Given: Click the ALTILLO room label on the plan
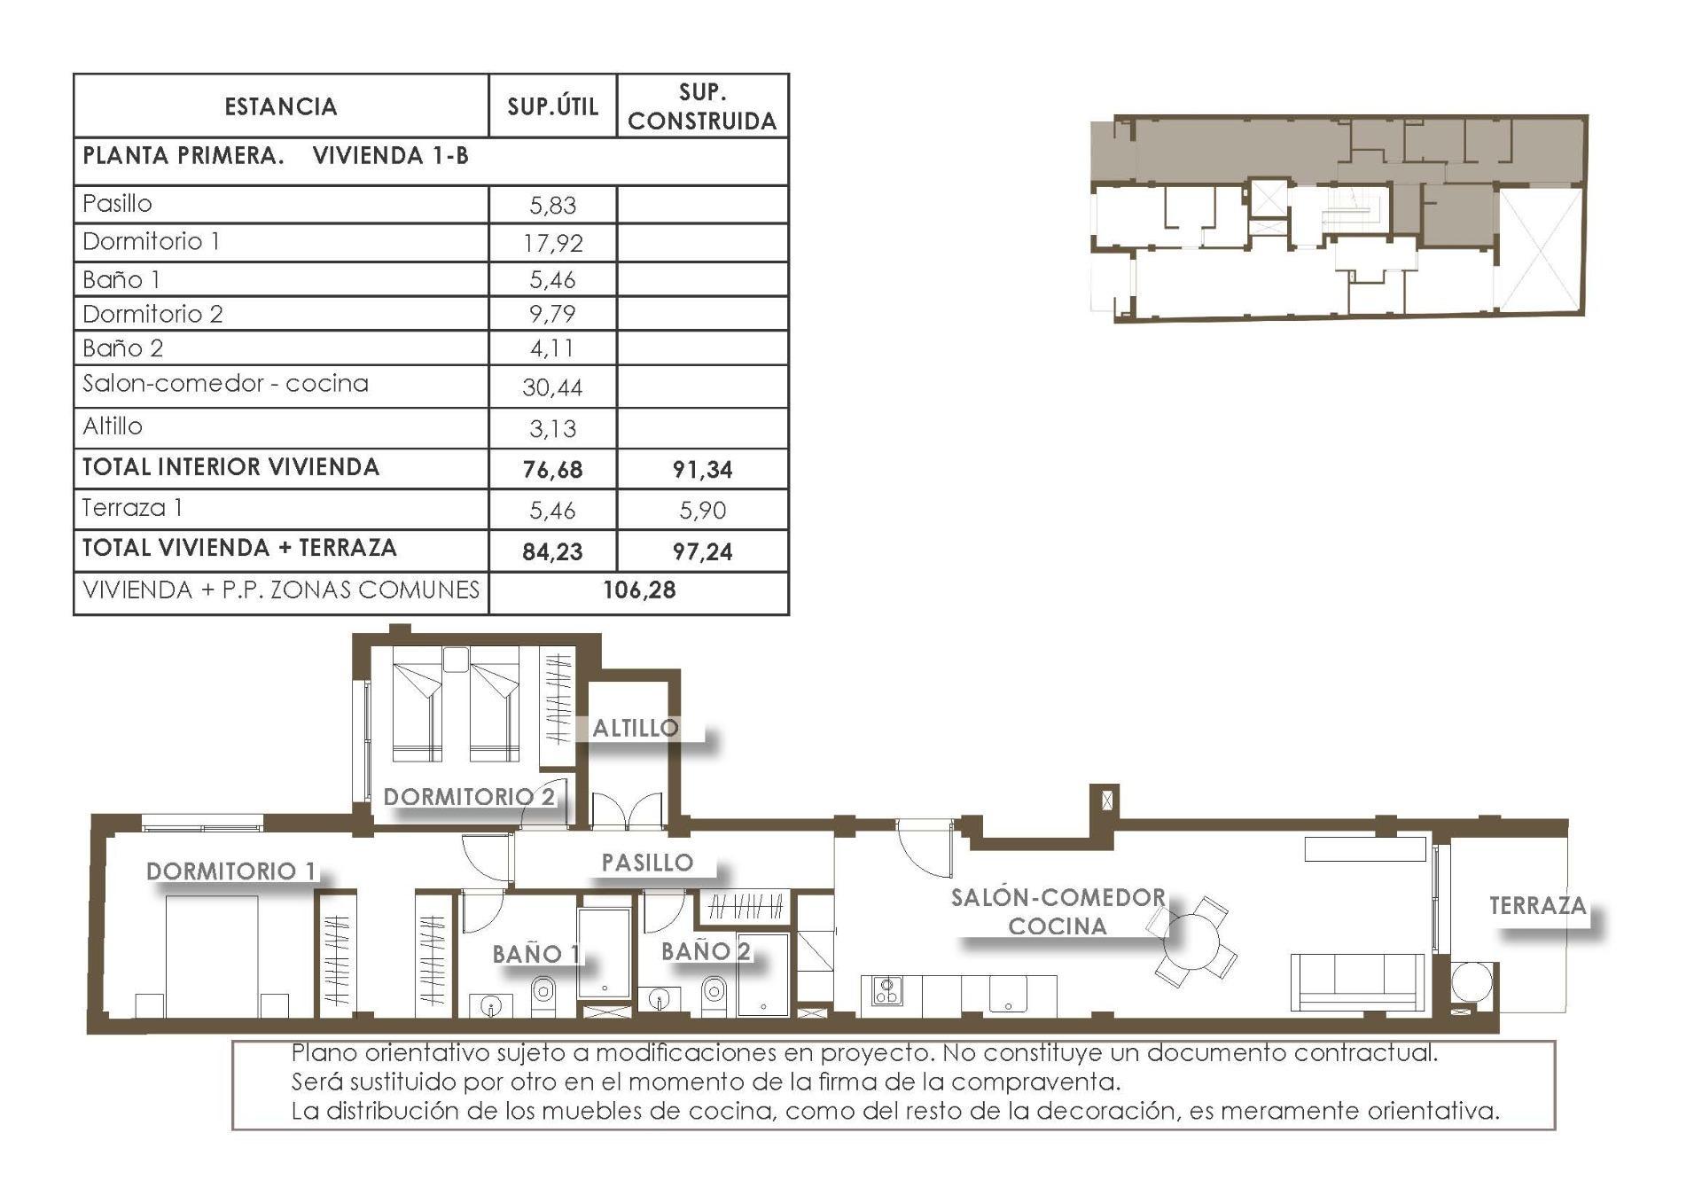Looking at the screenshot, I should tap(635, 728).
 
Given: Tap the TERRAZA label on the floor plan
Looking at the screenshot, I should tap(1537, 905).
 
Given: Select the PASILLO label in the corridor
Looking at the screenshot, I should tap(647, 862).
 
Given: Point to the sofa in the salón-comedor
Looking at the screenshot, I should tap(1356, 981).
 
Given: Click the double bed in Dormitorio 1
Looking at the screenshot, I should tap(212, 956).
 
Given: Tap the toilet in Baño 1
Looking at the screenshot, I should tap(543, 993).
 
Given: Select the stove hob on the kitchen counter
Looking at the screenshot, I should tap(886, 990).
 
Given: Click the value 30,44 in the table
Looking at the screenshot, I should tap(552, 387).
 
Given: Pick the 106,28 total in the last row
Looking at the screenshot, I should tap(639, 590).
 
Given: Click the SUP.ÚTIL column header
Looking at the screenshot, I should tap(552, 106).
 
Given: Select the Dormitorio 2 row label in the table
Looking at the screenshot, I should tap(152, 314).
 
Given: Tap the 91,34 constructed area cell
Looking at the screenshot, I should tap(702, 469).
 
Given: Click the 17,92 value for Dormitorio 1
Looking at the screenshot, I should tap(552, 243).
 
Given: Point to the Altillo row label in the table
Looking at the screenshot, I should tap(113, 426).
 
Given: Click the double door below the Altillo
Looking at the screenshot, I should tap(627, 811).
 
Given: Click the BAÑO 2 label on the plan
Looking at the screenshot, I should tap(706, 951).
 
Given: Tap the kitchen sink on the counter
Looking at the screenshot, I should tap(1009, 995).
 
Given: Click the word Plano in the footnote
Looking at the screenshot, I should tap(324, 1053).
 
